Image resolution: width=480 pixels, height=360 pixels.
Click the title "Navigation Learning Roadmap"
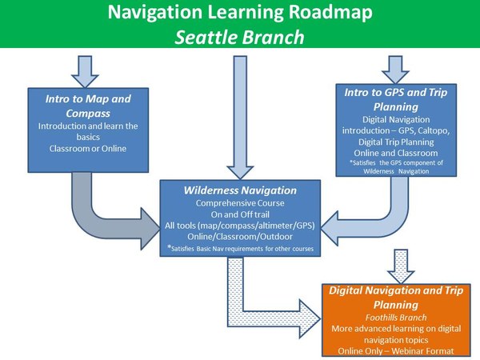pos(240,14)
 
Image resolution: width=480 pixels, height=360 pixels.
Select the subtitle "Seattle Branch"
pos(240,37)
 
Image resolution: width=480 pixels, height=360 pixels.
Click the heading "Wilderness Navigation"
pos(240,190)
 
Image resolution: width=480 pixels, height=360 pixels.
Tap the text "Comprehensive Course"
pos(240,203)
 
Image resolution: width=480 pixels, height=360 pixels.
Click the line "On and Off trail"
pos(240,215)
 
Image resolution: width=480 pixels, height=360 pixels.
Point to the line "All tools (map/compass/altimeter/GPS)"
pos(240,227)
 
